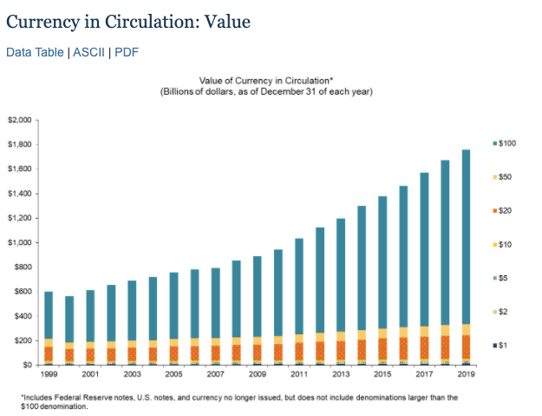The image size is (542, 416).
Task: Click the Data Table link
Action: [x=35, y=52]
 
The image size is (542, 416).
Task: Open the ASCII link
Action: [x=88, y=52]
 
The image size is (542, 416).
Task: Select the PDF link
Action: [x=127, y=52]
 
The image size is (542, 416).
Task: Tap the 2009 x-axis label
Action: [x=257, y=374]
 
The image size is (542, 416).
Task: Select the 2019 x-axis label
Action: [x=466, y=374]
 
